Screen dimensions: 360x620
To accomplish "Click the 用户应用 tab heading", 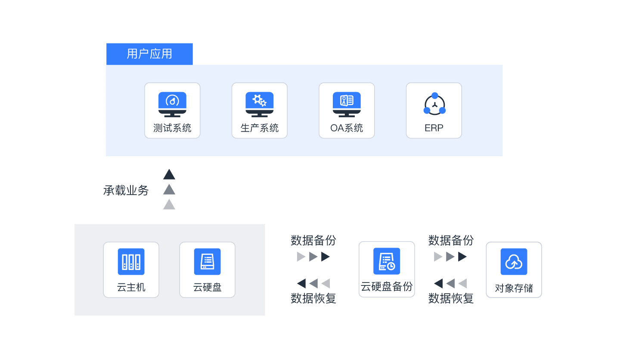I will (149, 54).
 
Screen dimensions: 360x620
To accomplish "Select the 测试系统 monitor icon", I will (172, 104).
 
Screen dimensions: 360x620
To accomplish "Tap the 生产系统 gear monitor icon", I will (259, 104).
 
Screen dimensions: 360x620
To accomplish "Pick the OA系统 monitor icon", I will (347, 104).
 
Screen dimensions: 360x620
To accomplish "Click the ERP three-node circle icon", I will (434, 104).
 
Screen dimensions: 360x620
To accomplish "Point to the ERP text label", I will (434, 128).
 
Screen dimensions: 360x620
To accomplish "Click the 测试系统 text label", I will (172, 128).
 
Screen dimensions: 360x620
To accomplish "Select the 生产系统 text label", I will (259, 128).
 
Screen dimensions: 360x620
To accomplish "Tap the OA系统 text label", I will (347, 128).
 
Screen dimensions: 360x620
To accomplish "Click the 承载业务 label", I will (126, 190).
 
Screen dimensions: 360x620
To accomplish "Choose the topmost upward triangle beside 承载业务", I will (169, 174).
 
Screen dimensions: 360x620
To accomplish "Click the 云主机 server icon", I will (131, 261).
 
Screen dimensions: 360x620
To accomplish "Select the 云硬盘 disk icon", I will (207, 261).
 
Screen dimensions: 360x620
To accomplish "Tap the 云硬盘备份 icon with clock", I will (387, 261).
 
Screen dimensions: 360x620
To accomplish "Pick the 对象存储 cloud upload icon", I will (514, 261).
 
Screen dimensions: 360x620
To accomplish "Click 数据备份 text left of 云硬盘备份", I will (313, 240).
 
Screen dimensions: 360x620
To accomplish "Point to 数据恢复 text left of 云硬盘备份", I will (313, 298).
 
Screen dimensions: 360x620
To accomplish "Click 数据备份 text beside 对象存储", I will (451, 240).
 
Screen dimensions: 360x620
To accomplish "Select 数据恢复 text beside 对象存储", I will (451, 298).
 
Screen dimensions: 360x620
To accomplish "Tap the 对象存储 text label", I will (514, 288).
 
